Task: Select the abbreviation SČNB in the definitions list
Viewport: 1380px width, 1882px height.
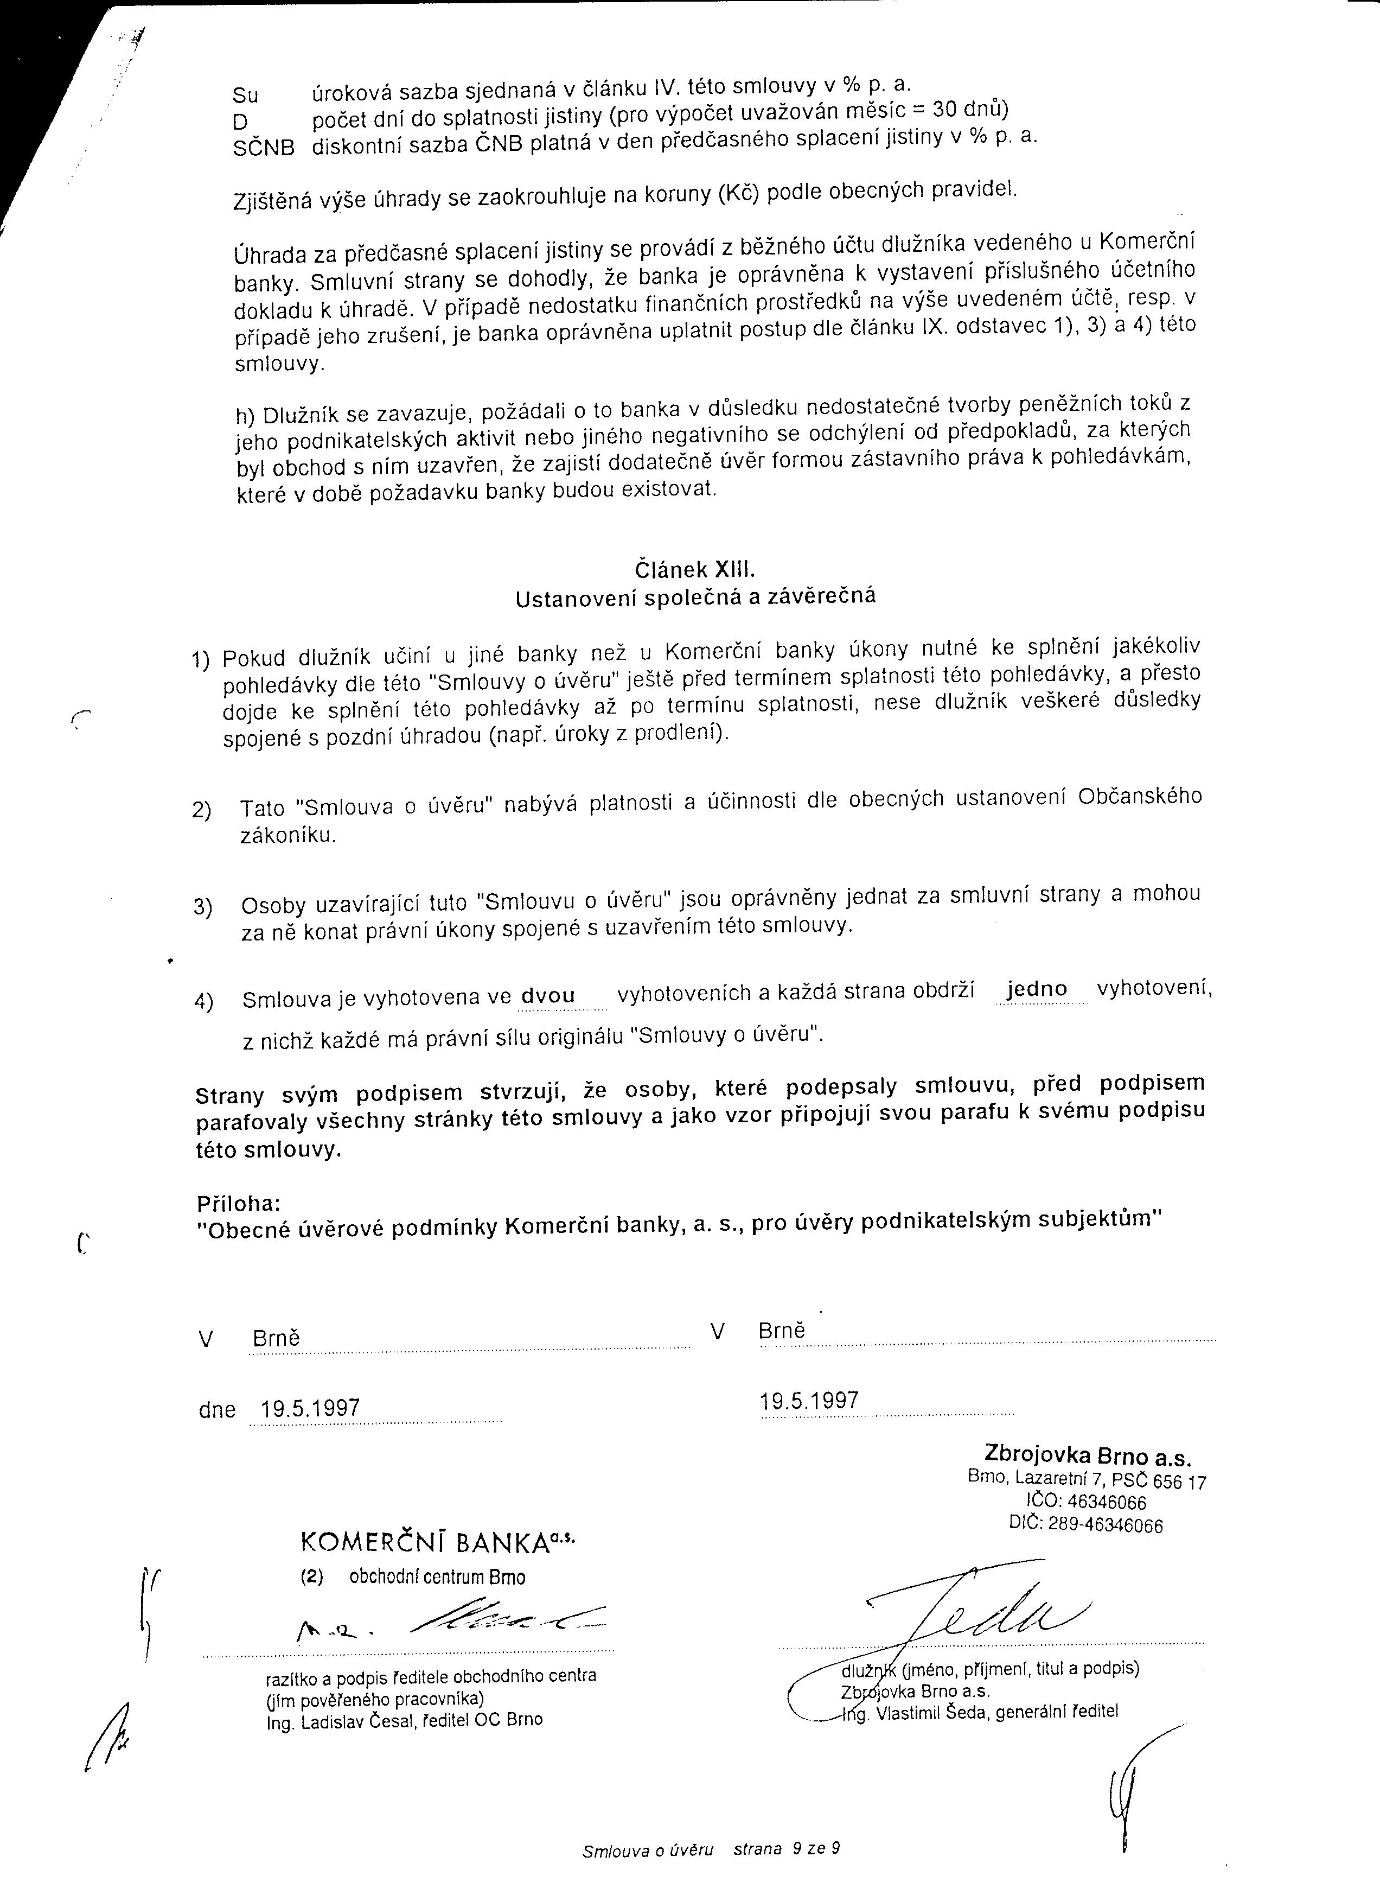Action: (x=263, y=149)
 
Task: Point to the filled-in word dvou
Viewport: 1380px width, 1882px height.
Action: (x=548, y=996)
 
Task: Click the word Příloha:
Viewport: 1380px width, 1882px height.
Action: (x=238, y=1204)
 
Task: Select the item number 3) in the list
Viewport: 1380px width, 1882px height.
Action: (x=203, y=907)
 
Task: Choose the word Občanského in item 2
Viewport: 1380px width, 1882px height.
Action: (x=1139, y=797)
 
